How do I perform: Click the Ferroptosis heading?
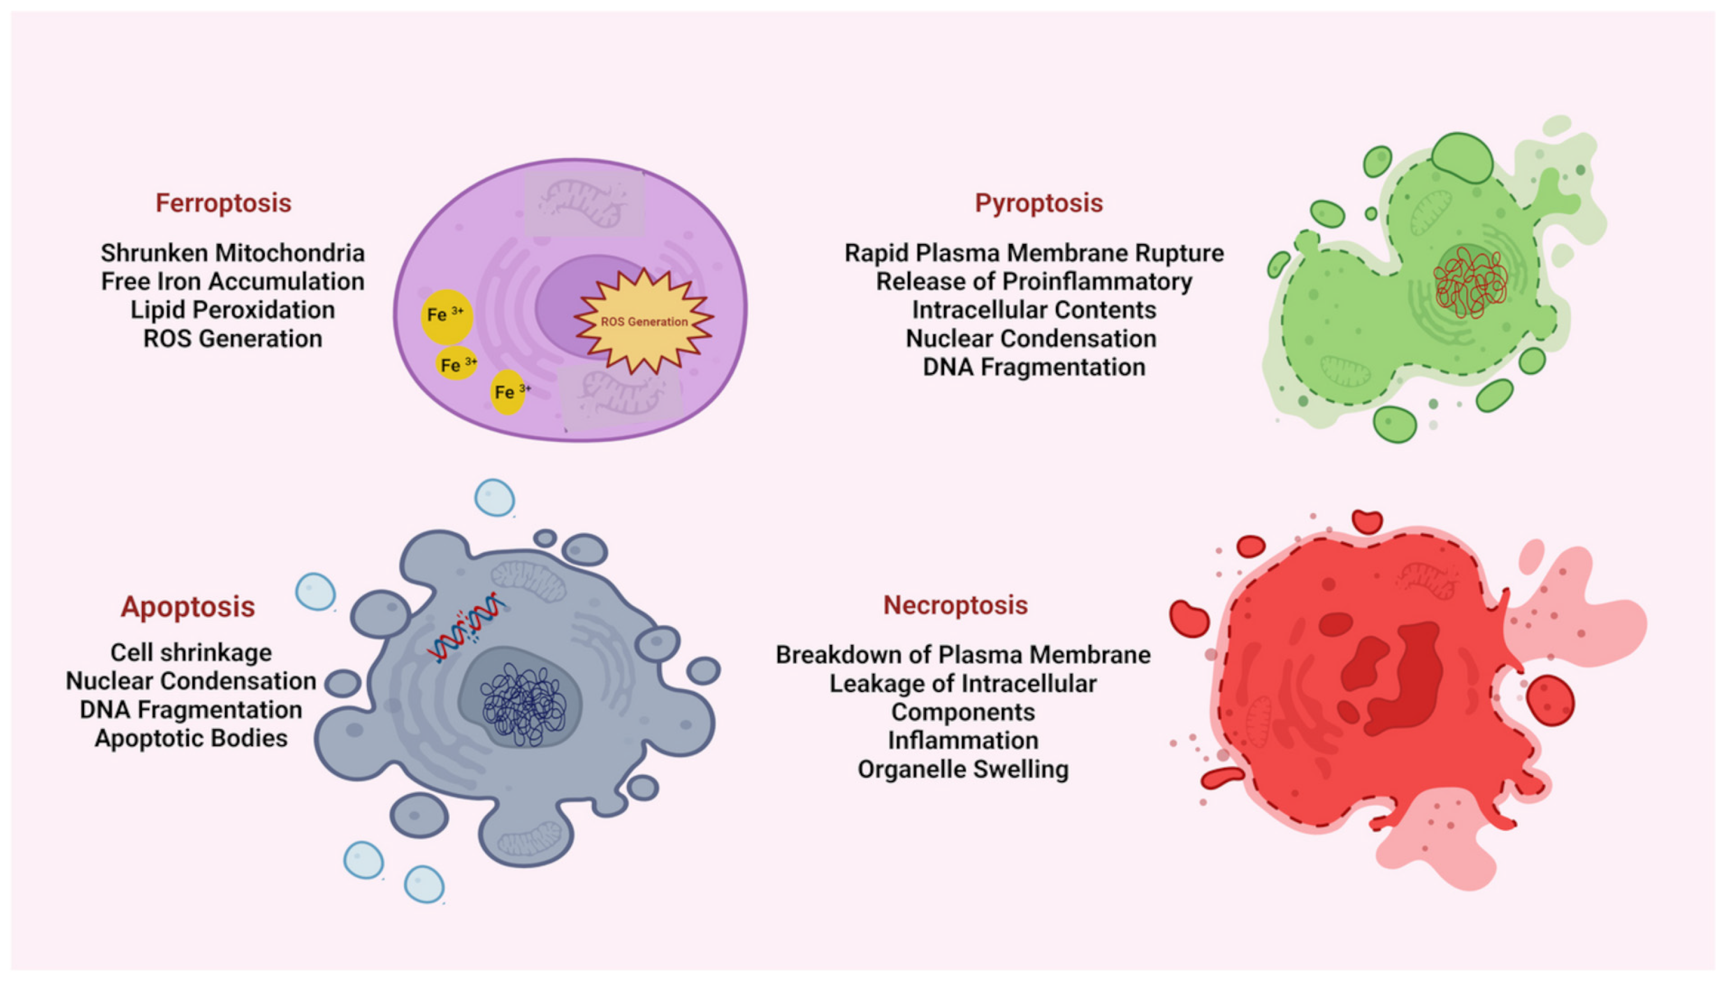223,203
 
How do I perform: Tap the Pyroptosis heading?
1039,203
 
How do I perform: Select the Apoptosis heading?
188,607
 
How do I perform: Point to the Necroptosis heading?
955,605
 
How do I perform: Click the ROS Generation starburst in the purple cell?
643,321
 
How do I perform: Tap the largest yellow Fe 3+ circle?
446,316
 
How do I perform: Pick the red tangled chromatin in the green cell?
1470,284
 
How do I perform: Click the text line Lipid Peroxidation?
233,310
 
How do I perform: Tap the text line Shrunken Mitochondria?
233,253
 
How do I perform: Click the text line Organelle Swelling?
962,769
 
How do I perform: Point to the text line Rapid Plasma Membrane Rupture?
1034,253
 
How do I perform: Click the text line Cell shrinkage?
191,653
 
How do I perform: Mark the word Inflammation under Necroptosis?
962,740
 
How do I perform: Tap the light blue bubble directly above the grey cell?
494,497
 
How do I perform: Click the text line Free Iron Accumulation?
233,281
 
